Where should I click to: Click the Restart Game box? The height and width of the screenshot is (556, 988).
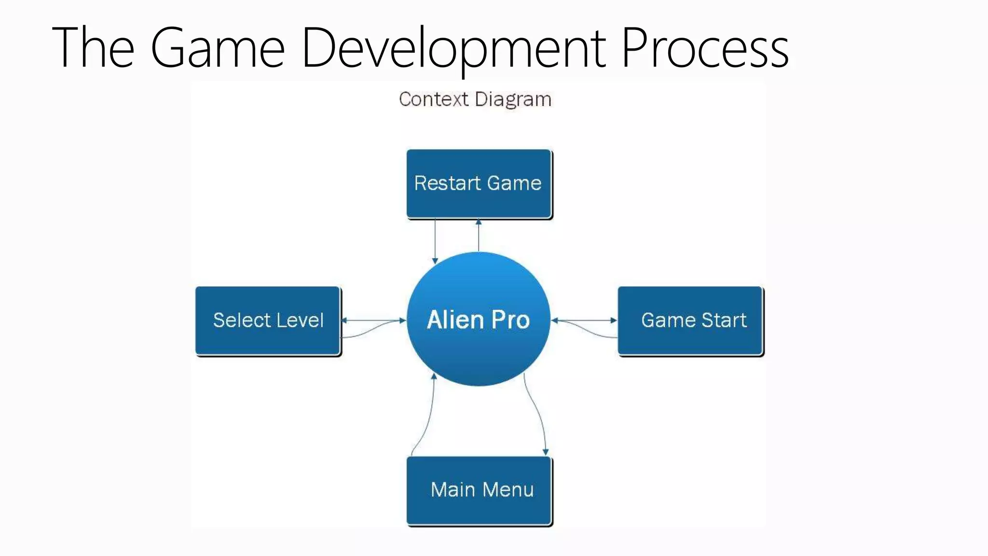[x=479, y=183]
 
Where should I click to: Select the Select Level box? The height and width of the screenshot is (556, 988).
[x=268, y=320]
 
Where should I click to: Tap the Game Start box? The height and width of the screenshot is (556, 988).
[x=690, y=320]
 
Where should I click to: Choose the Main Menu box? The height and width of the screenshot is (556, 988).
[x=479, y=490]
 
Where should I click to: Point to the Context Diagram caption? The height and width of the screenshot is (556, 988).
[x=475, y=99]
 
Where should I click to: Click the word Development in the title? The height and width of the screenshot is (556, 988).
[x=453, y=48]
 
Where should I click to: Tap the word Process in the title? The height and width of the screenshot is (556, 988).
[x=705, y=48]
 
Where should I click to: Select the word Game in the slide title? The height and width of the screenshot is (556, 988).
[x=218, y=48]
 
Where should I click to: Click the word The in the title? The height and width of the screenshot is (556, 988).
[x=93, y=48]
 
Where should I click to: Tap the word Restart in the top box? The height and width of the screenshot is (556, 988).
[x=448, y=183]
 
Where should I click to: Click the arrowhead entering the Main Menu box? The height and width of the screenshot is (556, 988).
[x=546, y=452]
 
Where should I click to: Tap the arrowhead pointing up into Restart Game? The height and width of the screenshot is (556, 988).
[x=479, y=222]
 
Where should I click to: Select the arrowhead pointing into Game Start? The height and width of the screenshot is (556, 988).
[x=614, y=320]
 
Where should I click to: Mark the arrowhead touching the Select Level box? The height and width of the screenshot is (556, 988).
[x=344, y=320]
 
